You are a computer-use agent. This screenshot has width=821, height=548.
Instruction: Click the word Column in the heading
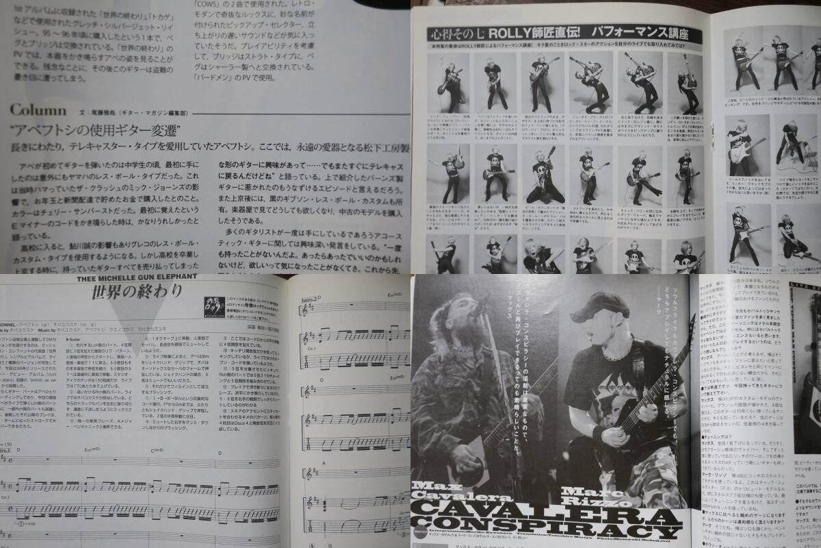point(38,110)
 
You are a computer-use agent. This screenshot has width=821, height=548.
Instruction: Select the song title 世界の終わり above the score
point(138,292)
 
